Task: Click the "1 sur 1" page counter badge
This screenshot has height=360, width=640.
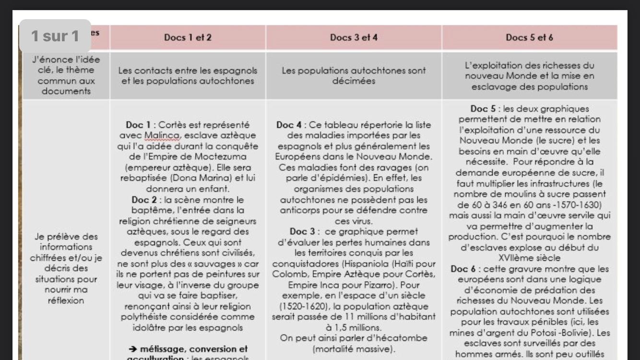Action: point(55,36)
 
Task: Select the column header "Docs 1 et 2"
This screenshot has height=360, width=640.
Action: point(188,37)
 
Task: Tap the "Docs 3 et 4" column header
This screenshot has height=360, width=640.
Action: point(354,37)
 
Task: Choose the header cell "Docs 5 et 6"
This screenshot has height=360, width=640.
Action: point(529,37)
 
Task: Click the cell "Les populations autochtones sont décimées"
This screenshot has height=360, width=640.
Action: point(354,75)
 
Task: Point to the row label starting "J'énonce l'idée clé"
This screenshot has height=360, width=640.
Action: point(66,75)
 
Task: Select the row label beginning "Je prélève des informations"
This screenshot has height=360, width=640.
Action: point(66,268)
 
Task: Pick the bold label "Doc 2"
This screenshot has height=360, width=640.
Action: point(142,199)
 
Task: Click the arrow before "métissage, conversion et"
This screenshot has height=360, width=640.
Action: point(134,349)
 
